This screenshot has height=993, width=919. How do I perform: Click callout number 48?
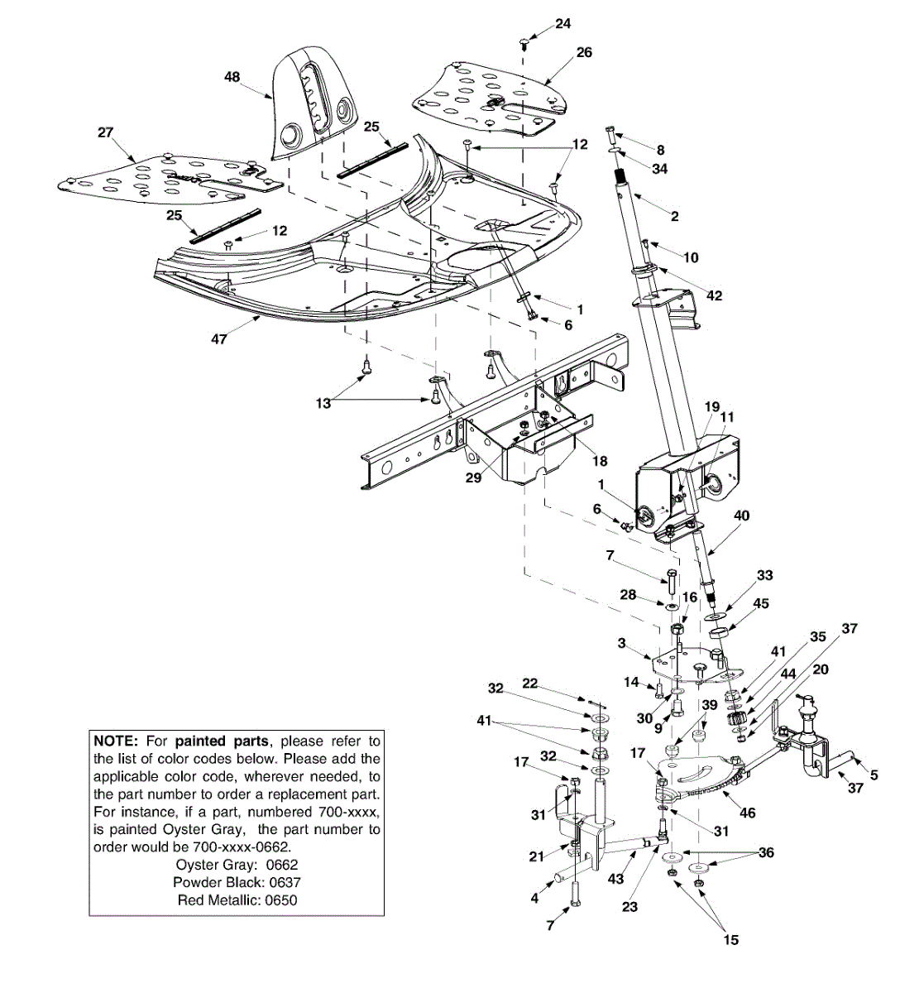click(x=232, y=76)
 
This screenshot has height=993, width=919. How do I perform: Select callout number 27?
click(x=106, y=132)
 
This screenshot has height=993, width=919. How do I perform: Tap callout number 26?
click(x=584, y=52)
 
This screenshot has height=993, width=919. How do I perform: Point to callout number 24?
click(x=562, y=24)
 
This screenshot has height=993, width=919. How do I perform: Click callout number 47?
click(x=219, y=339)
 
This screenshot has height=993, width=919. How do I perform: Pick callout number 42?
click(x=715, y=295)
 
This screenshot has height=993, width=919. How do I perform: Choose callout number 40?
click(x=742, y=515)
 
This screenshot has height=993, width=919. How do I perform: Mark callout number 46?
click(x=747, y=813)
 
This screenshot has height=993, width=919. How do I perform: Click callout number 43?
click(x=615, y=879)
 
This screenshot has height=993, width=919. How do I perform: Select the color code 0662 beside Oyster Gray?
click(x=279, y=865)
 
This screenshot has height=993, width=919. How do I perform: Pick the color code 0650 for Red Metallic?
click(x=280, y=900)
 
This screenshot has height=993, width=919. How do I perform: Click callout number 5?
click(x=874, y=775)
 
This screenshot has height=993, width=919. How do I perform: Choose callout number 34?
click(x=659, y=168)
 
